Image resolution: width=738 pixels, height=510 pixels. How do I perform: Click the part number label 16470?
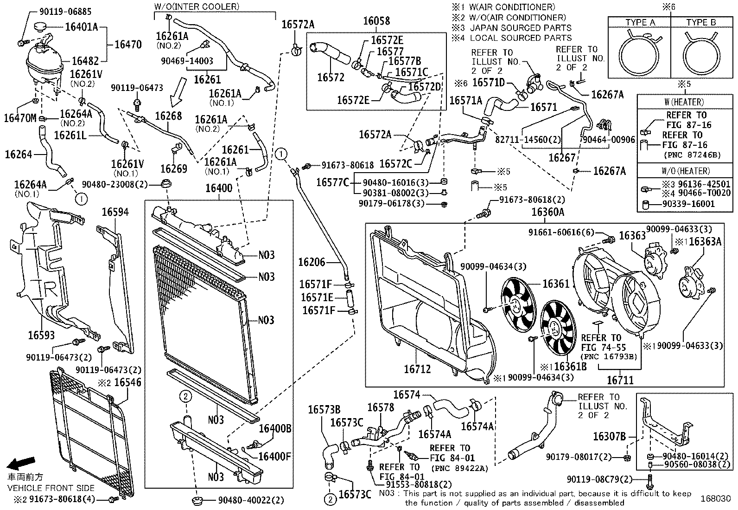pos(128,45)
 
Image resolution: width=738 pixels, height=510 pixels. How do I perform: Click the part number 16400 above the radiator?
pos(219,188)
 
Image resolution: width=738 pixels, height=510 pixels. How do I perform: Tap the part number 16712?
pos(417,369)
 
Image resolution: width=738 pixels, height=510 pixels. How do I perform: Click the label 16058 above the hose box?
pos(376,21)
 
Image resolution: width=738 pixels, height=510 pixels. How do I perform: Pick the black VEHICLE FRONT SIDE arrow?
pos(21,463)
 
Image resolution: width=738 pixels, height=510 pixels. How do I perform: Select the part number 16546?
pos(127,382)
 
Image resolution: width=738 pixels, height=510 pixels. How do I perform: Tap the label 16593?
pos(41,335)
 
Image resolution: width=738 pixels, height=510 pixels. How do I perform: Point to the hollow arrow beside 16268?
pos(178,92)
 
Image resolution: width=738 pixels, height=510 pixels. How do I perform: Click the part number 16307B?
pos(610,437)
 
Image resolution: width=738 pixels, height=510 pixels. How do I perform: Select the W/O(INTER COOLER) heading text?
pos(197,6)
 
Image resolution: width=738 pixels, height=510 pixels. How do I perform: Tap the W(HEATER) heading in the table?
pos(684,102)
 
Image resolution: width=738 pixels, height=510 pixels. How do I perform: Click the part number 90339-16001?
pos(688,204)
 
